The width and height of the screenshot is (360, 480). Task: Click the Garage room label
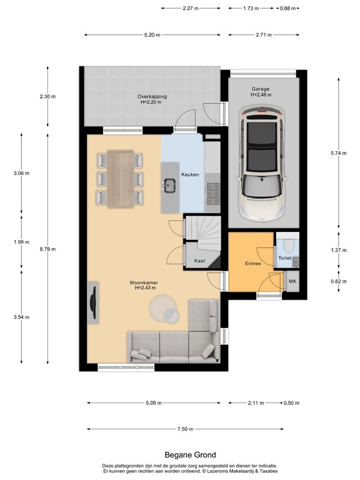tap(261, 89)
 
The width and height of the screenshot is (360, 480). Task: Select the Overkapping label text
tap(151, 97)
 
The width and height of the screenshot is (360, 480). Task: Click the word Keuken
tap(190, 174)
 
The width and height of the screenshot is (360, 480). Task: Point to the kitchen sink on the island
tap(169, 184)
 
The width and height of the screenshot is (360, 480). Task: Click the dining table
tap(121, 179)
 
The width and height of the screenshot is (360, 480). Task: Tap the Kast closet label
tap(200, 261)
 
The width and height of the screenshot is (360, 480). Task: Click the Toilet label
tap(285, 257)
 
